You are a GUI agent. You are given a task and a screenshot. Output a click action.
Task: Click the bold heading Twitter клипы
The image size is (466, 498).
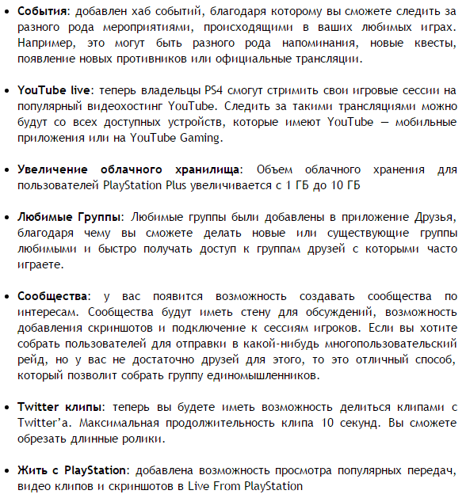point(63,407)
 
